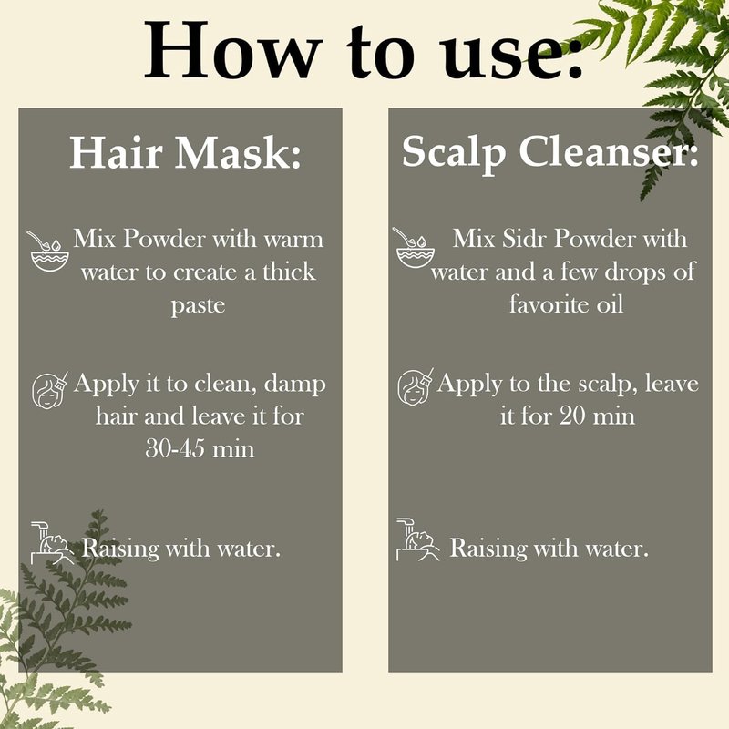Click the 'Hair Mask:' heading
pos(185,152)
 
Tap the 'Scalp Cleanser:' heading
pos(550,153)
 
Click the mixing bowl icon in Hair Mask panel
pos(48,252)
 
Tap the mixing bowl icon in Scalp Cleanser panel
pos(414,248)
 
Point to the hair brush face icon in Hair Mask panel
pos(49,391)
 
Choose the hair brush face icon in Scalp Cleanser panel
pos(416,387)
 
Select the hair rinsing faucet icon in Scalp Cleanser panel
pos(417,539)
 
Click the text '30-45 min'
pos(200,449)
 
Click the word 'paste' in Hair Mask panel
pos(198,306)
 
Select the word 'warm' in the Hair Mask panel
pos(293,240)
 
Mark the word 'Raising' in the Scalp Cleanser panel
pos(488,549)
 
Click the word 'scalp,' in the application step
pos(608,385)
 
